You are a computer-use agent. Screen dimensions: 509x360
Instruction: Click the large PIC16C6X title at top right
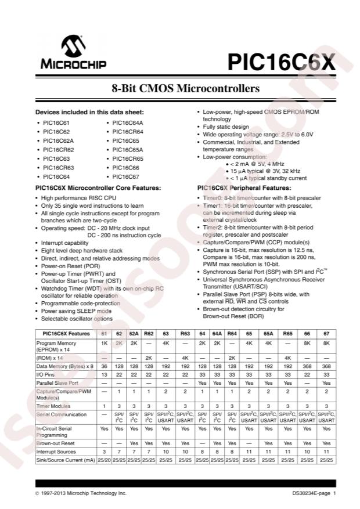point(280,60)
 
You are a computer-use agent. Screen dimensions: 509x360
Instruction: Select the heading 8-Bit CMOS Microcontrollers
point(185,89)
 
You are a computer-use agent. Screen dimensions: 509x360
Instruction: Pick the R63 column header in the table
point(185,334)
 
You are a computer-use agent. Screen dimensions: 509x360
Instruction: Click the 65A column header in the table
point(268,334)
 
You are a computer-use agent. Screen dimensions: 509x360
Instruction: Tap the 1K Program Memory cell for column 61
point(104,344)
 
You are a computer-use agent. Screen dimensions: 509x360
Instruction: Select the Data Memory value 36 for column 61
point(104,367)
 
